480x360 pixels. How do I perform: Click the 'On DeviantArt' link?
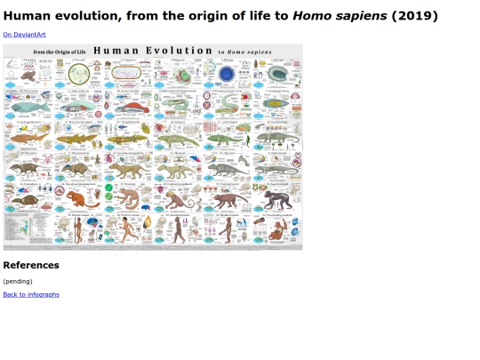point(24,35)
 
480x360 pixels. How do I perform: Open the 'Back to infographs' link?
point(31,294)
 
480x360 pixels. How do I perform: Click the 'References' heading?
point(31,265)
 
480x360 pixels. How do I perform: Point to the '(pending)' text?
point(18,281)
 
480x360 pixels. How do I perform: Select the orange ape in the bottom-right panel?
point(279,233)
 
